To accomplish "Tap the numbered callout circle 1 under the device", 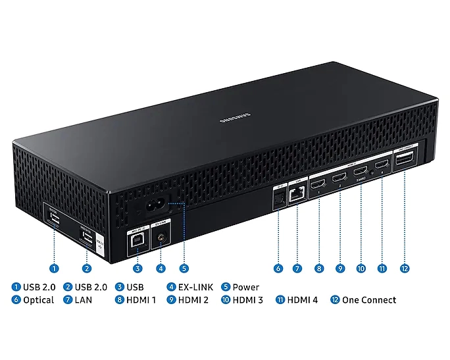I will click(x=54, y=269).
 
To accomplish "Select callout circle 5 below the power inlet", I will click(x=184, y=269).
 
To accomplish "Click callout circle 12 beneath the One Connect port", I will click(x=404, y=269).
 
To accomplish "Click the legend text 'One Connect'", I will click(x=368, y=300).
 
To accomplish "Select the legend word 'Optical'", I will click(x=38, y=300).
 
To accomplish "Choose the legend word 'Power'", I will click(x=245, y=287).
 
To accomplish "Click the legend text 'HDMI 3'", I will click(x=247, y=300).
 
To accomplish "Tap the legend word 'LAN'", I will click(x=83, y=300).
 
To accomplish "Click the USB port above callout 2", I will click(x=86, y=238).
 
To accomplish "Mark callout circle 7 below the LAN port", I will click(x=297, y=269).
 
